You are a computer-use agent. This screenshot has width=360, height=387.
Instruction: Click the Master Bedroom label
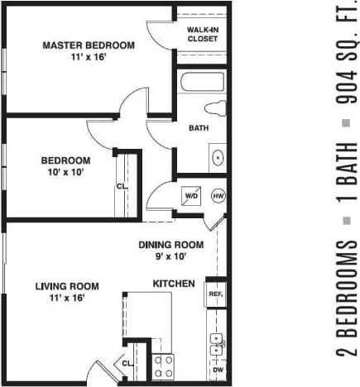click(x=88, y=51)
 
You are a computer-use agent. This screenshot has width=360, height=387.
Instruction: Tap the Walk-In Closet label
click(x=203, y=34)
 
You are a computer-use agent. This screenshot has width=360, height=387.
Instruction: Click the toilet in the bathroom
click(x=216, y=107)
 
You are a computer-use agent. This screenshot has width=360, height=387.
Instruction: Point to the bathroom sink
click(x=218, y=156)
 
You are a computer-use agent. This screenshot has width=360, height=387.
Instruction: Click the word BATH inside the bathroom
click(x=199, y=128)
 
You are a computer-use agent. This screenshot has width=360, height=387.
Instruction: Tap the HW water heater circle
click(x=218, y=197)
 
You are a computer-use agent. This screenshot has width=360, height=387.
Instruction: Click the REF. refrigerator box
click(x=215, y=294)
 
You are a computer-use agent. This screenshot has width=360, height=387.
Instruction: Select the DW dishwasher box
click(x=218, y=370)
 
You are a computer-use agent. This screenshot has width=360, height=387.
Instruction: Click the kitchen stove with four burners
click(x=162, y=365)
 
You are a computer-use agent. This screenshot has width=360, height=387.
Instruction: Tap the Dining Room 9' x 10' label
click(x=170, y=251)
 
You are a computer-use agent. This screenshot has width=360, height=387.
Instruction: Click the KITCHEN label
click(x=174, y=284)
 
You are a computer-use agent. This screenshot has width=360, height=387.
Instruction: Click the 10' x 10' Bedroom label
click(x=66, y=167)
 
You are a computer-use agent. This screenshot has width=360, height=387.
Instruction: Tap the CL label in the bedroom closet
click(x=122, y=186)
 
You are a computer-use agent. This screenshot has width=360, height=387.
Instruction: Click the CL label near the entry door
click(x=127, y=363)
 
